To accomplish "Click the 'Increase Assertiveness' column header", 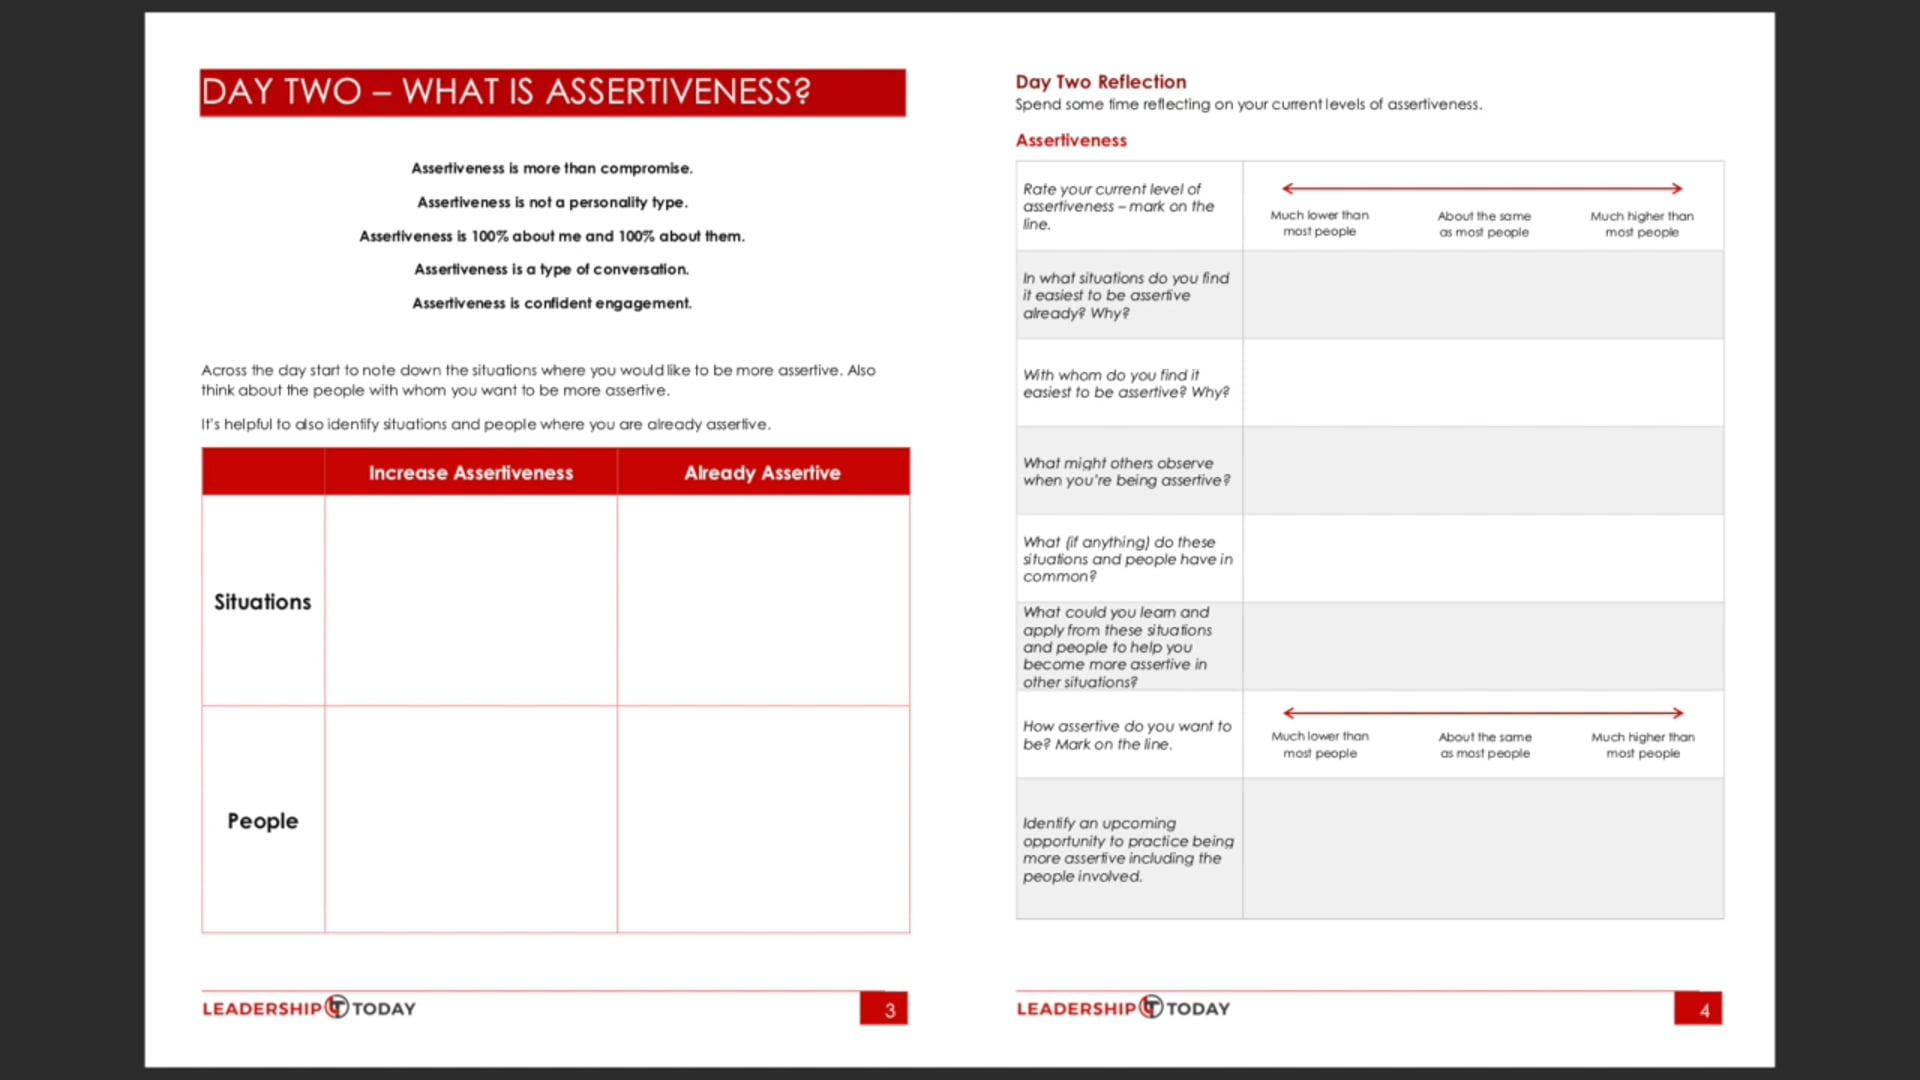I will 470,473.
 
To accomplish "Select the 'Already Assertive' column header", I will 762,473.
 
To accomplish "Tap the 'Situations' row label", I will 262,602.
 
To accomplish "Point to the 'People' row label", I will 262,821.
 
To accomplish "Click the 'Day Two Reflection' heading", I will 1100,82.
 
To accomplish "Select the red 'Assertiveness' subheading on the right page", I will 1070,141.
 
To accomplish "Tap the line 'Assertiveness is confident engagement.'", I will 552,303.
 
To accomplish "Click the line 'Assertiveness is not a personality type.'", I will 552,202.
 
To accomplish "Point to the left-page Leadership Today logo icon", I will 337,1007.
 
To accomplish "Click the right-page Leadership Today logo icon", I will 1151,1007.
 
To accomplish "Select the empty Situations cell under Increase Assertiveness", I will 470,600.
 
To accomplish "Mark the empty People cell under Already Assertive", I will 763,820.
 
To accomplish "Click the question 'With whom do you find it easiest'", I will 1125,384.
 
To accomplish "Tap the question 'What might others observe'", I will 1125,472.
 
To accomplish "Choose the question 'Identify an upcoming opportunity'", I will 1127,849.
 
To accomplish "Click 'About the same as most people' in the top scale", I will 1484,224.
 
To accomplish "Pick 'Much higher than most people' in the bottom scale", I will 1643,745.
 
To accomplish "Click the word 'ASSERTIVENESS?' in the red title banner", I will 677,92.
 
